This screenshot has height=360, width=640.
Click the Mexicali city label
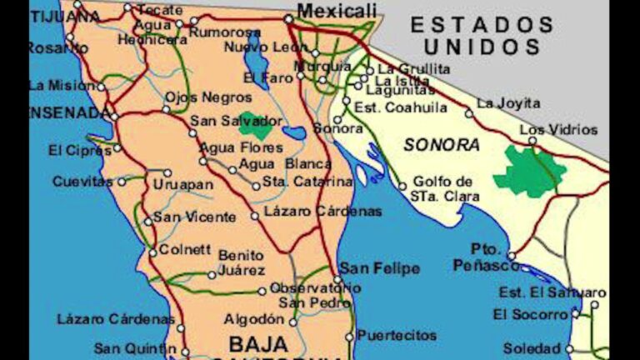[x=332, y=11]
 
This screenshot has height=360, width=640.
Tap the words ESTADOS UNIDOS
[x=482, y=36]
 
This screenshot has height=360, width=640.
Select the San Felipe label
[x=379, y=268]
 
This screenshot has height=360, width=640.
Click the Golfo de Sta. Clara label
[x=442, y=188]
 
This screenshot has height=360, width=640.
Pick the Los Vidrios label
[x=557, y=129]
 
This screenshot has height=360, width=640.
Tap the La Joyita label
[x=507, y=103]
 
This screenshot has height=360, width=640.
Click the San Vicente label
[x=194, y=217]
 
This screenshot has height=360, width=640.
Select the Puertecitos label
[x=397, y=335]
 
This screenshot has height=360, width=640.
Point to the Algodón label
[x=254, y=319]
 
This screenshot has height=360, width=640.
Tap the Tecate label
[x=159, y=9]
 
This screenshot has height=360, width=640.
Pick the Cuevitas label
[x=82, y=181]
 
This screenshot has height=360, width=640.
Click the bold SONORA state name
[x=442, y=144]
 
